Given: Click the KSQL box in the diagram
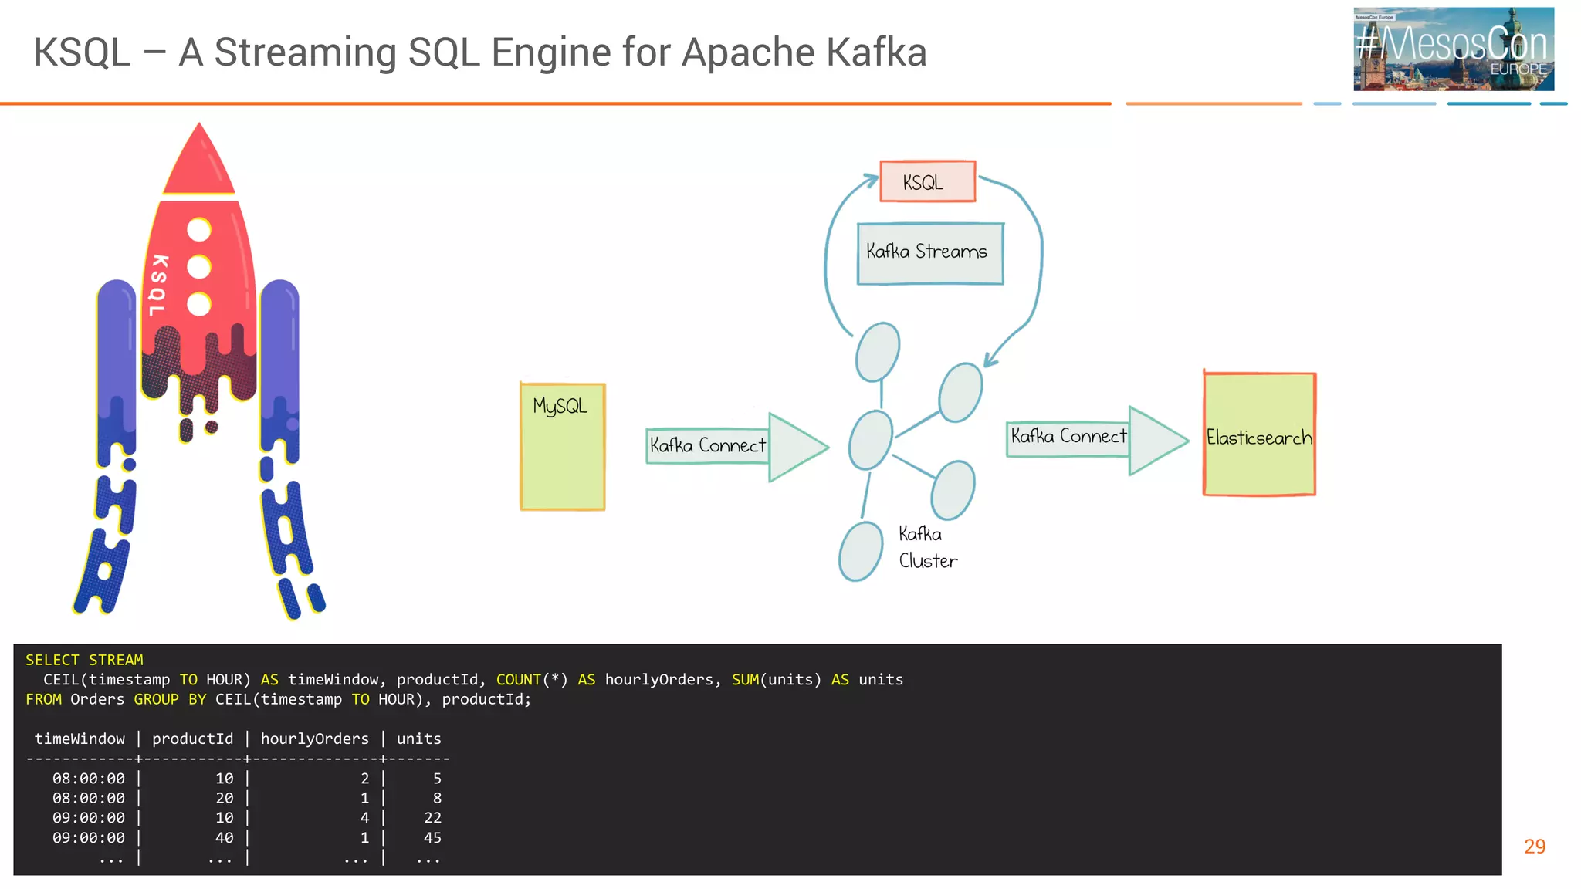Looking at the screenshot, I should coord(927,182).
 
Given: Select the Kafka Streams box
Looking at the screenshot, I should coord(929,253).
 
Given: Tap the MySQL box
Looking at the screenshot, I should coord(562,446).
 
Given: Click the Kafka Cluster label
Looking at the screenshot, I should coord(926,547).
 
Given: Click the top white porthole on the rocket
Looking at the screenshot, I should coord(199,229).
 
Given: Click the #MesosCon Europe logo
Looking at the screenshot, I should coord(1453,49).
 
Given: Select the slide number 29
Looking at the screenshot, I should coord(1534,847).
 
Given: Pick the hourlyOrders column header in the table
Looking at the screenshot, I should coord(314,739).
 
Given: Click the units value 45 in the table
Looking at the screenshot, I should coord(432,837).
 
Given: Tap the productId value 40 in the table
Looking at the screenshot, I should coord(224,837).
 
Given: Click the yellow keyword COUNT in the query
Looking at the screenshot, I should coord(518,679).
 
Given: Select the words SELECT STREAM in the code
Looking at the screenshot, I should coord(84,660).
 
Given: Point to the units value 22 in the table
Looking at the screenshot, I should coord(432,817).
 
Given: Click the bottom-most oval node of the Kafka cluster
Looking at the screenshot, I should coord(861,551).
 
